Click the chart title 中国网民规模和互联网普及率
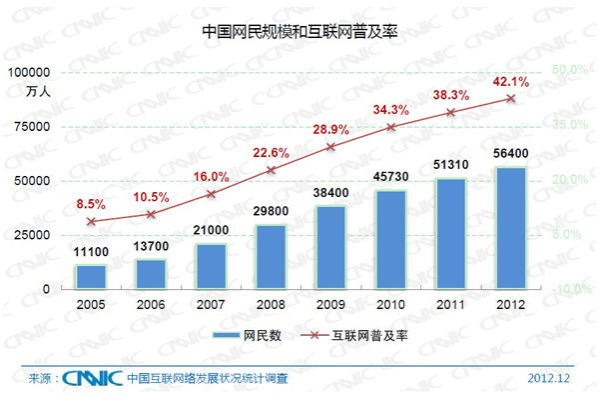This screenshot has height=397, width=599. (299, 30)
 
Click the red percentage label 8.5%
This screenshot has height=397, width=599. (91, 204)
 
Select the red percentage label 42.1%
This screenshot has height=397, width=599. (509, 81)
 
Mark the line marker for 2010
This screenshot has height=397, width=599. (390, 128)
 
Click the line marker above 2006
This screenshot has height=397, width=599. (151, 214)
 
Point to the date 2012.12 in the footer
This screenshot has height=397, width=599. (550, 378)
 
